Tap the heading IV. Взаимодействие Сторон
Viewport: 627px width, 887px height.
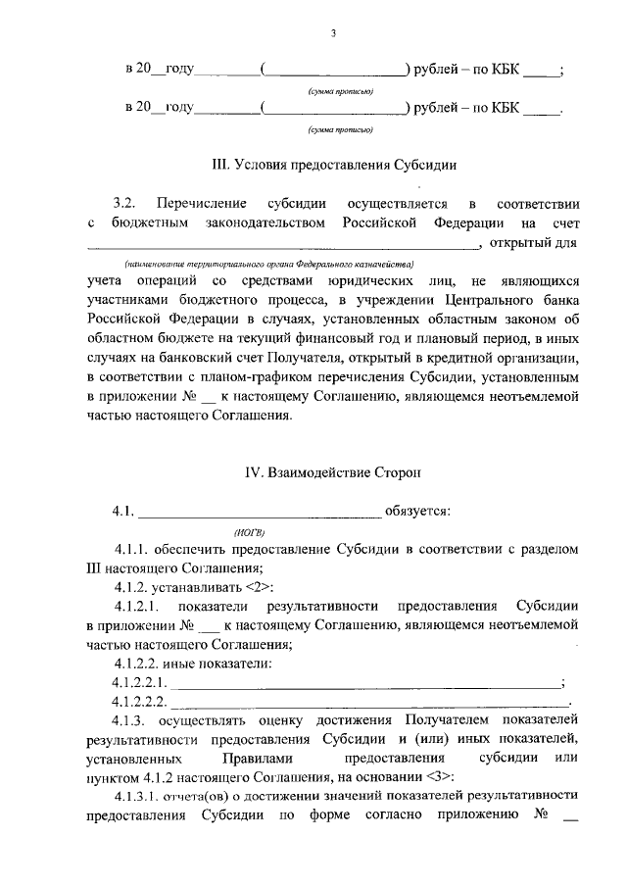pyautogui.click(x=333, y=472)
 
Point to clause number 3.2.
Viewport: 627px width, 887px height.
pyautogui.click(x=123, y=204)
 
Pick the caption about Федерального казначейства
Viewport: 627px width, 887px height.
pyautogui.click(x=268, y=264)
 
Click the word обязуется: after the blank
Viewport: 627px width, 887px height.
pyautogui.click(x=418, y=511)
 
